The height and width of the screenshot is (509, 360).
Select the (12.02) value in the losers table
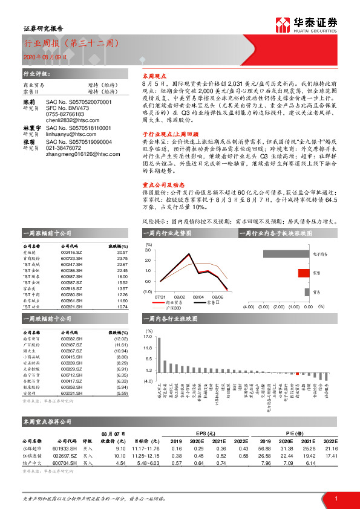(122, 339)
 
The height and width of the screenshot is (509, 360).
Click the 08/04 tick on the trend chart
(198, 297)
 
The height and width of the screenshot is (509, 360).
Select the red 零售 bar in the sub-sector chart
(303, 273)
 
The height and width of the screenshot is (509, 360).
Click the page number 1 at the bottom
(335, 497)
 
